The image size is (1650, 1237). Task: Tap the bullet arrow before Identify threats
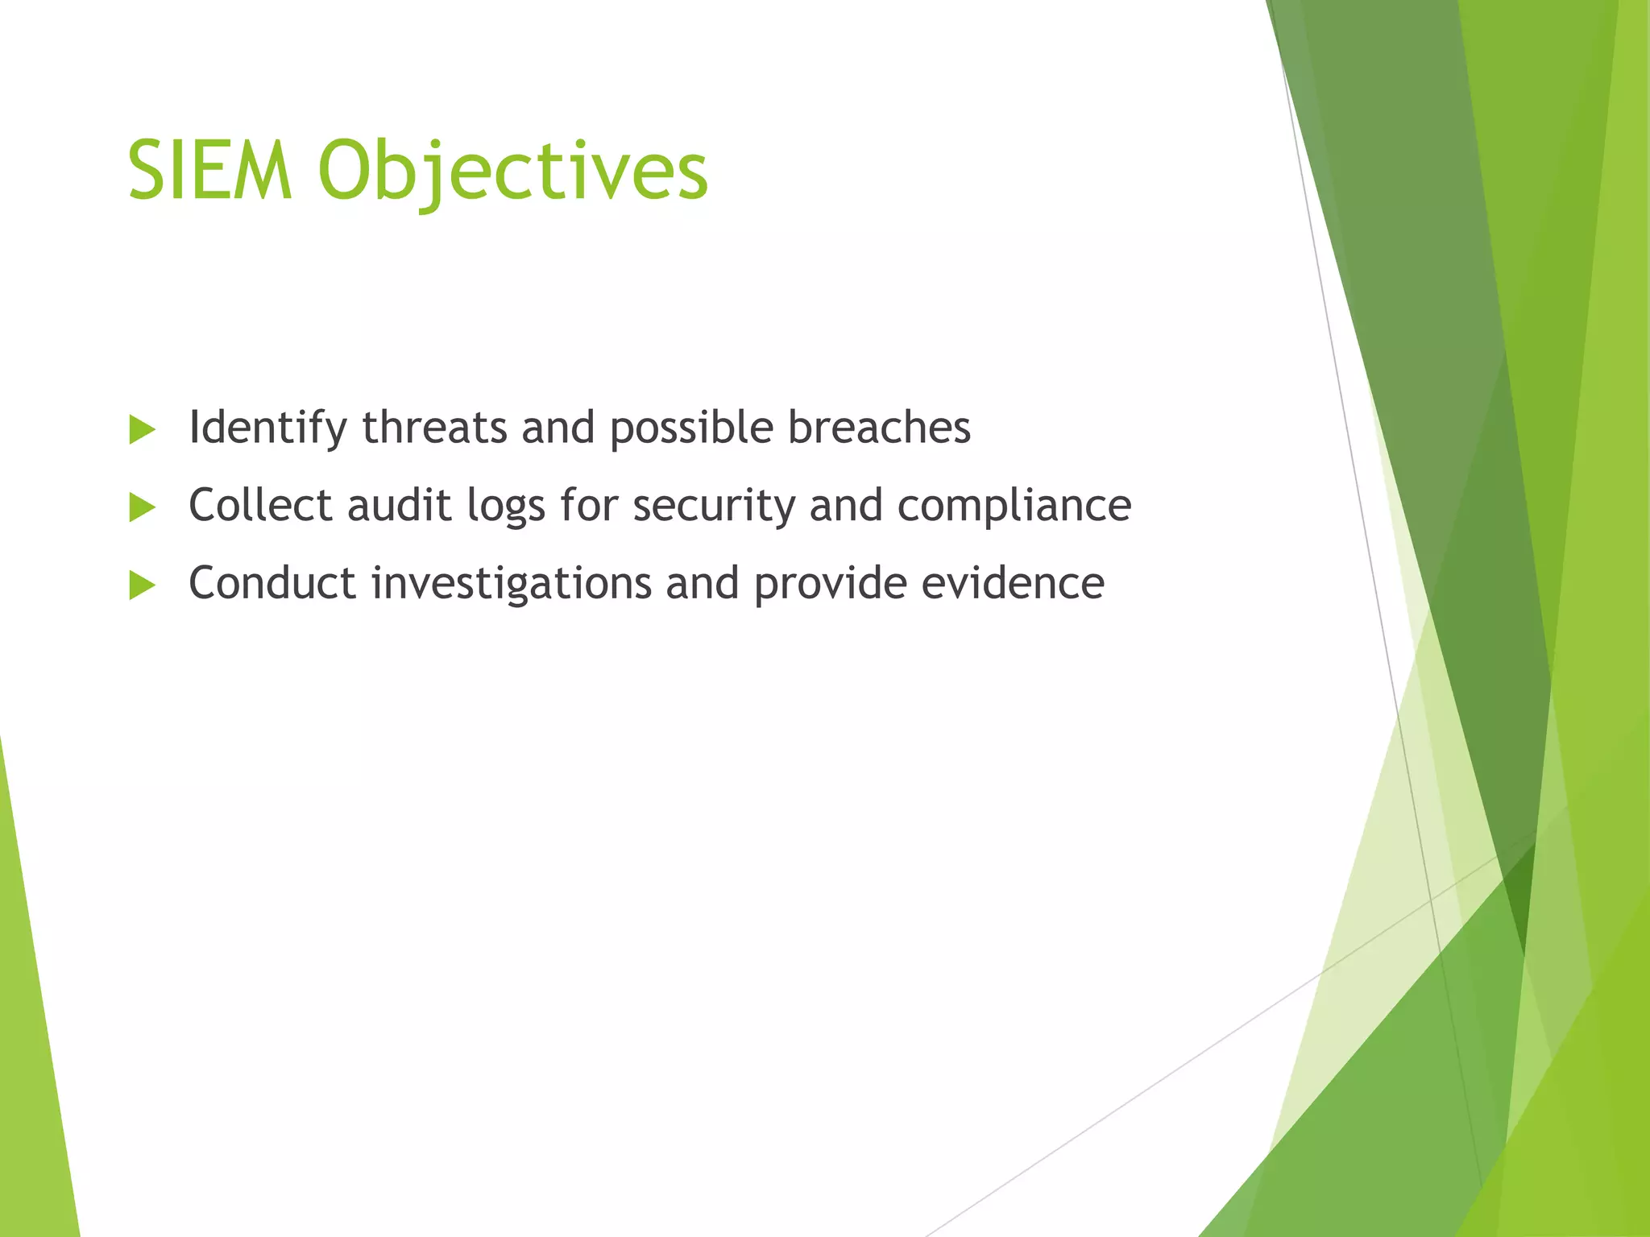(x=142, y=430)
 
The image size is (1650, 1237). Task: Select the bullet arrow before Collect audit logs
(x=142, y=508)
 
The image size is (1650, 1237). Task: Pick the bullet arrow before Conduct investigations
(x=142, y=585)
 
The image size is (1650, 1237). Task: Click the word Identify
(x=267, y=428)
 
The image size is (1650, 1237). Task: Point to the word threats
(x=434, y=427)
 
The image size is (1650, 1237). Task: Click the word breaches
(x=879, y=427)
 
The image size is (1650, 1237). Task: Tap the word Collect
(x=260, y=505)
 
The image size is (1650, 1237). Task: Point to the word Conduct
(x=272, y=583)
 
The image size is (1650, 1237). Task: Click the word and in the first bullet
(x=558, y=427)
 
